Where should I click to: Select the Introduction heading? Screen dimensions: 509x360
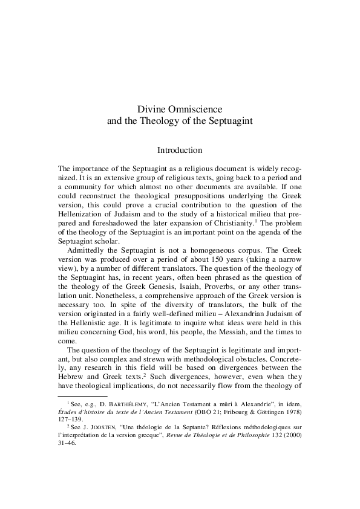coord(179,149)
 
